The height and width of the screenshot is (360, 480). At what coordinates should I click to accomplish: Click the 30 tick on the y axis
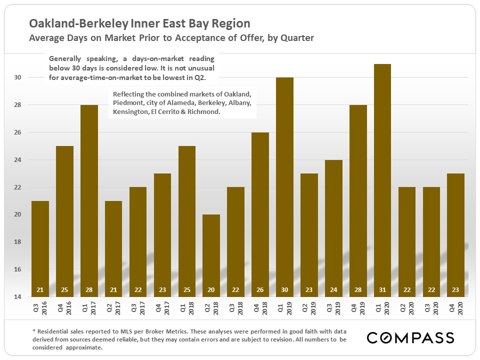click(x=17, y=77)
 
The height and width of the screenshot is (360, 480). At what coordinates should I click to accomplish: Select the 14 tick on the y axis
click(x=17, y=297)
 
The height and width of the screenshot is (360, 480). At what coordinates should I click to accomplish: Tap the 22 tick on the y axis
click(x=17, y=187)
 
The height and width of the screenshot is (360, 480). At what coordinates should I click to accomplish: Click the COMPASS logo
click(x=410, y=337)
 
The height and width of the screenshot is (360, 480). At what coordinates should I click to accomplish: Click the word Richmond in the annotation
click(x=203, y=112)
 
